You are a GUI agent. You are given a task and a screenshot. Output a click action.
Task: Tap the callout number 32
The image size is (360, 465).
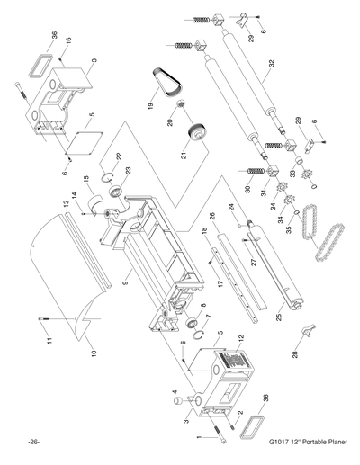(x=293, y=66)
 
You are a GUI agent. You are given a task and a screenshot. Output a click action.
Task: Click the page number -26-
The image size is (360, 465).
(x=33, y=443)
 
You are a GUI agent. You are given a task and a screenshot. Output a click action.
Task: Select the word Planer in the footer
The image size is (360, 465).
(x=328, y=443)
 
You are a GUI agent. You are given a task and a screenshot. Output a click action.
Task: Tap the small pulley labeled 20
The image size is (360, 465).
(x=180, y=111)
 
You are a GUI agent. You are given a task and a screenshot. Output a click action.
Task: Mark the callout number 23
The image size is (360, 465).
(x=128, y=171)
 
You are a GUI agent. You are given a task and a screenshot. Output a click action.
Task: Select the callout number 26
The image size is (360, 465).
(x=212, y=216)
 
